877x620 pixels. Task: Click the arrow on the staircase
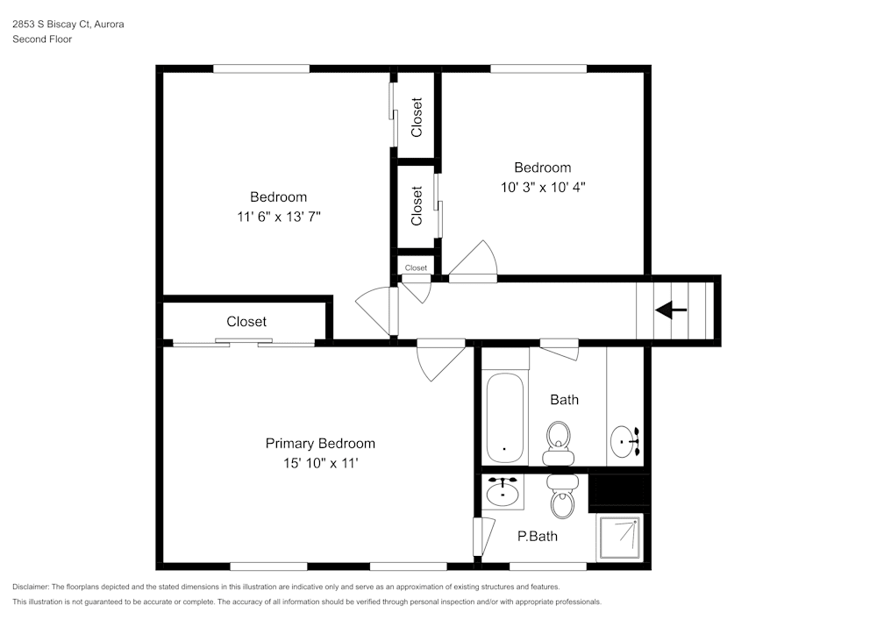[671, 310]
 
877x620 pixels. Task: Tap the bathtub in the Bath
[505, 417]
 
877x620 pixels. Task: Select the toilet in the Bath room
[558, 442]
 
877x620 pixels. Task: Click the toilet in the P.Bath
[561, 496]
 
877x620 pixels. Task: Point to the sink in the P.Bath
[503, 491]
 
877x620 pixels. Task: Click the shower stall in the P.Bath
[619, 538]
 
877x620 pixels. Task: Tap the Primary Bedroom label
[320, 444]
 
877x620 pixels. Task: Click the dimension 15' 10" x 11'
[320, 462]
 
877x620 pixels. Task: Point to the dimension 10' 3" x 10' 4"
[542, 187]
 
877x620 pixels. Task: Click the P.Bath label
[537, 536]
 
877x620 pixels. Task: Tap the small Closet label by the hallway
[416, 267]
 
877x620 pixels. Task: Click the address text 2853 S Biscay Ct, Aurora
[68, 25]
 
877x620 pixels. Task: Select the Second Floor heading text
[42, 39]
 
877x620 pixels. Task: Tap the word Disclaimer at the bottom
[31, 587]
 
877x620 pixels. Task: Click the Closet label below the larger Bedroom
[246, 322]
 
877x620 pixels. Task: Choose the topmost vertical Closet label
[417, 117]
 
